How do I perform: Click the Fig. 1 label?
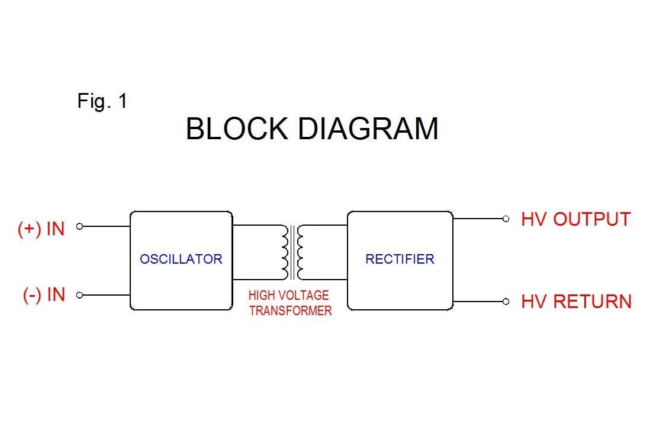tap(102, 101)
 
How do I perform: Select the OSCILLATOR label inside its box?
tap(181, 259)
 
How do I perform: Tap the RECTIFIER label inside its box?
tap(400, 259)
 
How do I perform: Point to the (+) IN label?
tap(41, 229)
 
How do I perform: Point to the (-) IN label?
tap(44, 295)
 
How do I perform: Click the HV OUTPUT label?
tap(575, 219)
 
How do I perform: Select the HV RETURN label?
tap(576, 302)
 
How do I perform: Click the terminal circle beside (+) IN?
tap(80, 226)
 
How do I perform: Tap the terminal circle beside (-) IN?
tap(80, 295)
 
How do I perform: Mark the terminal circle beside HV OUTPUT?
tap(506, 219)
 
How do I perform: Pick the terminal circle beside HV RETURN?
tap(506, 302)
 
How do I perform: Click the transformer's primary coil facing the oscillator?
tap(285, 252)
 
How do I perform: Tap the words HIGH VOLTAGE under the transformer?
tap(288, 295)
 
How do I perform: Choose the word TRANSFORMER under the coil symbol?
tap(290, 310)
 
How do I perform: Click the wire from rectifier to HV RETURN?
tap(478, 302)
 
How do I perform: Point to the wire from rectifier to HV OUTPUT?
tap(478, 219)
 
